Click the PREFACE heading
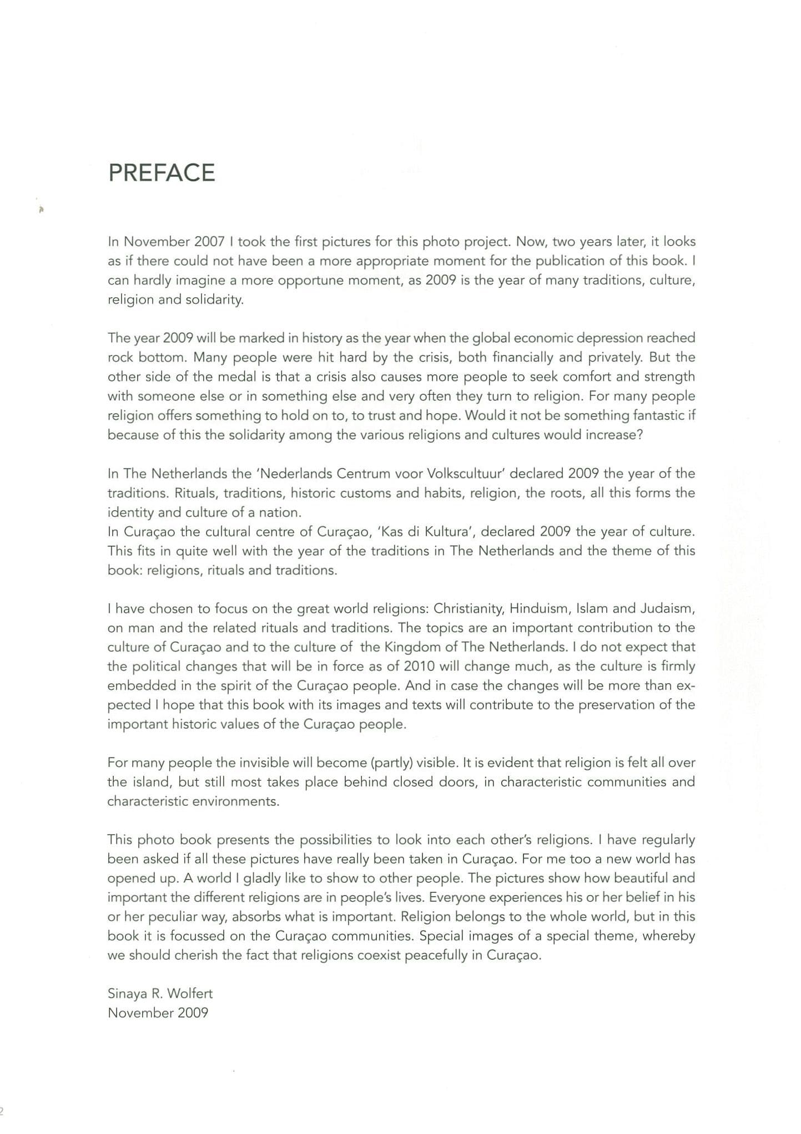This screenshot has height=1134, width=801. [x=162, y=173]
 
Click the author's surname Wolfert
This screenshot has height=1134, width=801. [x=190, y=994]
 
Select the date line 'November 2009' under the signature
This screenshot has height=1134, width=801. [x=158, y=1013]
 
